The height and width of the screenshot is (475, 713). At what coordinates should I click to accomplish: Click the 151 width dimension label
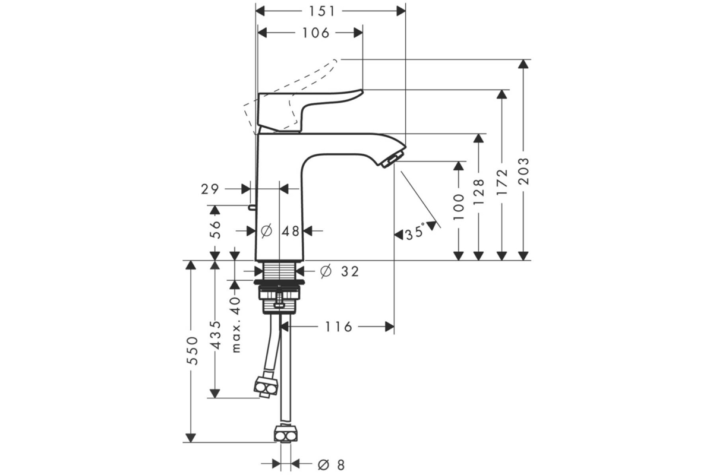point(322,11)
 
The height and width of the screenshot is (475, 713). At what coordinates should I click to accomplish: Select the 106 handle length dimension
point(316,33)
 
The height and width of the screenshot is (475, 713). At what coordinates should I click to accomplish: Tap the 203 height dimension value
point(523,171)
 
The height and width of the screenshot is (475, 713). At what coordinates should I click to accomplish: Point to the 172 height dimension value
point(502,182)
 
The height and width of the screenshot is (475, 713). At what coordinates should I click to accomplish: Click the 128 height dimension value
point(479,192)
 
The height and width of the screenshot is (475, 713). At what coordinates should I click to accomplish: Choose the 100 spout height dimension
point(459,207)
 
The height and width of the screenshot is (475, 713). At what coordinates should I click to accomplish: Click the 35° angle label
point(415,232)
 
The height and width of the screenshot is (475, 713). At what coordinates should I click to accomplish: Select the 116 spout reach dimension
point(338,327)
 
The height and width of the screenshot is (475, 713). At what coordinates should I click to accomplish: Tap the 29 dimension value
point(210,189)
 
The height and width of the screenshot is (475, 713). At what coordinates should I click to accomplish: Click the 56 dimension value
point(215,229)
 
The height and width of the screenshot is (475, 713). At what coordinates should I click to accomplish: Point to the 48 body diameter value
point(291,232)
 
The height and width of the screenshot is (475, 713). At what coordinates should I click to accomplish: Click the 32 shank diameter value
point(350,271)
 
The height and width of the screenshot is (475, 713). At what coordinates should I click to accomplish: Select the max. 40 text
point(236,325)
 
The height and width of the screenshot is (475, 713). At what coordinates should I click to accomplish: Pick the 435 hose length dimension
point(215,335)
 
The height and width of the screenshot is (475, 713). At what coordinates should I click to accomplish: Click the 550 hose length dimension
point(193,351)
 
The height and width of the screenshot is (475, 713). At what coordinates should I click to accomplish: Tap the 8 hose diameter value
point(340,465)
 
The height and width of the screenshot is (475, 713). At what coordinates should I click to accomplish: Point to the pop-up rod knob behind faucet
point(252,208)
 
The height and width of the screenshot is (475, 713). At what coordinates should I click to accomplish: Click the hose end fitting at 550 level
point(286,433)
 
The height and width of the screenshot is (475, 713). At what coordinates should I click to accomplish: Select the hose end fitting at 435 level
point(266,387)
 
